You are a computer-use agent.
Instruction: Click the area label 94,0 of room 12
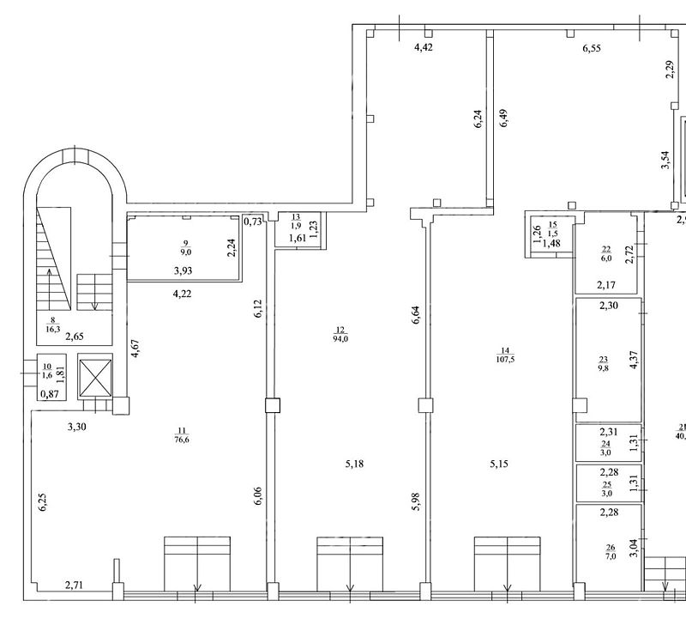(340, 338)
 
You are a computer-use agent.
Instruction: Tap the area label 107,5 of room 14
(505, 359)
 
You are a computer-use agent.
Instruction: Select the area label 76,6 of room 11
(182, 440)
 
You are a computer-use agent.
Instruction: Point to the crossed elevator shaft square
(96, 376)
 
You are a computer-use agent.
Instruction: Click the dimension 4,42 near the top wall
(424, 47)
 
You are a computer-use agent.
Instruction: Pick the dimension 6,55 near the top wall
(592, 48)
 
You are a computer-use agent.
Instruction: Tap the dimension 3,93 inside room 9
(183, 270)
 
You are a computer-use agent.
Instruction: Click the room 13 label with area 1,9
(296, 222)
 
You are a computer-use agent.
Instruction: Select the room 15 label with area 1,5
(552, 229)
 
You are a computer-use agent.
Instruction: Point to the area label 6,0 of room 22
(606, 258)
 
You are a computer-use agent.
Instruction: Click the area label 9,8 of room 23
(604, 368)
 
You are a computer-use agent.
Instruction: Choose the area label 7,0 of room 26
(611, 556)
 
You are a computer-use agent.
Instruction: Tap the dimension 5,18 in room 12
(354, 464)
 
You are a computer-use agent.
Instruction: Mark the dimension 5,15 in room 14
(499, 464)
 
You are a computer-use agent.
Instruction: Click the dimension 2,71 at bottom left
(74, 585)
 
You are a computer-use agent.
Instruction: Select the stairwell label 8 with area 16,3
(53, 325)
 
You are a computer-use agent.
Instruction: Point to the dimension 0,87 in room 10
(50, 394)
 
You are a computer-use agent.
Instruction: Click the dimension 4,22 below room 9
(182, 294)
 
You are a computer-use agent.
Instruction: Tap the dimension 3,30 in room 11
(76, 426)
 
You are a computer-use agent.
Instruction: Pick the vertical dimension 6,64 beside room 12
(416, 314)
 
